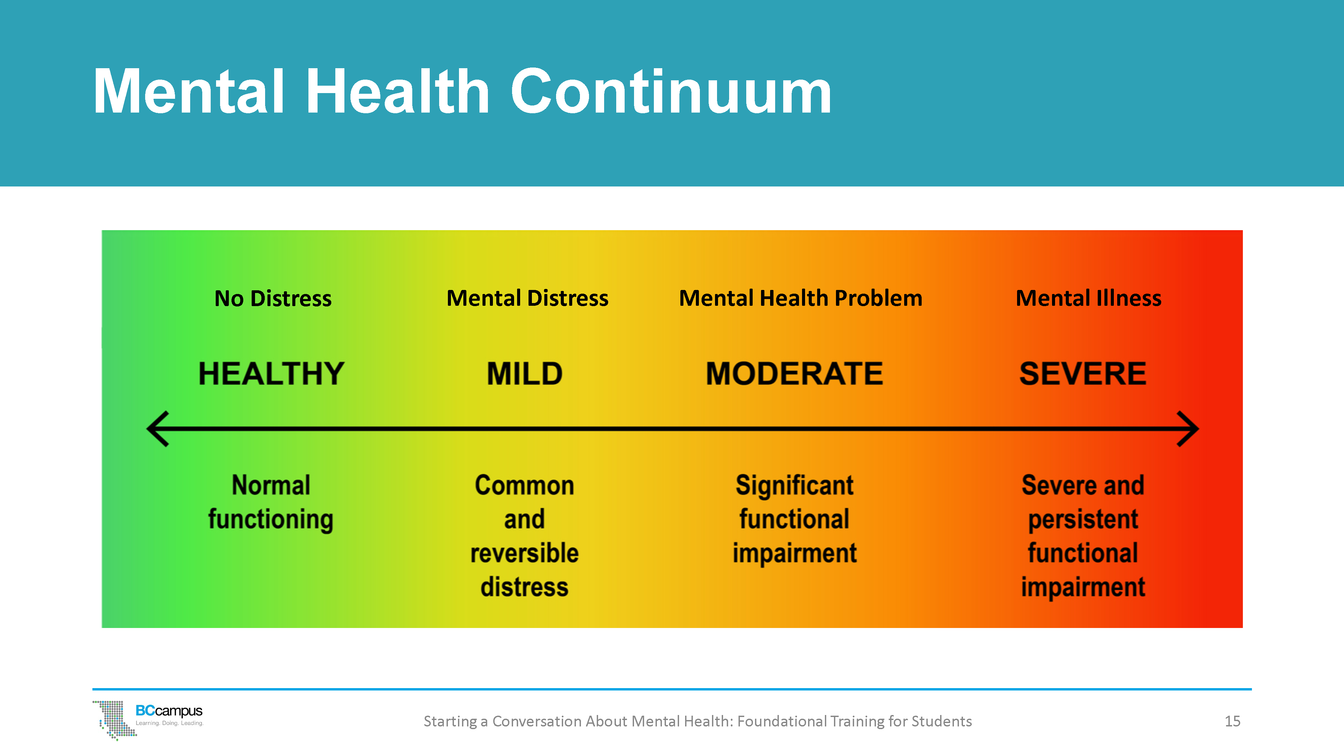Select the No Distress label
[x=273, y=298]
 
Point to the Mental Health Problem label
[x=800, y=298]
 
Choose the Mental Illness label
[x=1088, y=298]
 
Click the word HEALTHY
[x=271, y=374]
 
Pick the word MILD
[x=524, y=374]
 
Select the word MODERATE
[x=794, y=374]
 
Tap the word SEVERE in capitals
[x=1083, y=374]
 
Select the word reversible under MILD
[x=524, y=553]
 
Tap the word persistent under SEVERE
[x=1083, y=519]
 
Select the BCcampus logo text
[x=169, y=711]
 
